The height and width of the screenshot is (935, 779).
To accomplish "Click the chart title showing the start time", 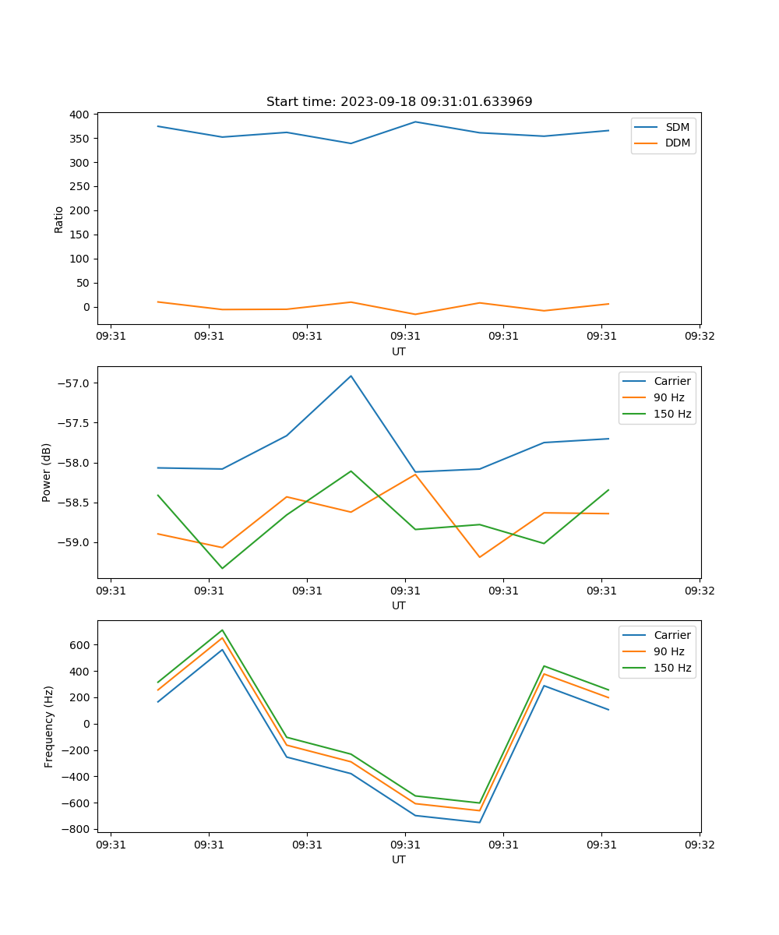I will click(x=399, y=102).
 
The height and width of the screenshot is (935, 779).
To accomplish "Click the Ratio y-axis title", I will click(x=59, y=219).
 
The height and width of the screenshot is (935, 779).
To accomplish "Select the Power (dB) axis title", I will click(x=48, y=472).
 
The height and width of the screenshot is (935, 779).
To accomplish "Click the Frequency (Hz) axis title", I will click(x=49, y=726).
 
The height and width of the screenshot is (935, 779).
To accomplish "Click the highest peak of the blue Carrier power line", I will click(x=351, y=376).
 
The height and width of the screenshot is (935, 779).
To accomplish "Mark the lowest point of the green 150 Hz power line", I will click(x=222, y=568).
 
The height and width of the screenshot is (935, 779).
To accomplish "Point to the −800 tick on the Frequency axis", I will click(x=77, y=829).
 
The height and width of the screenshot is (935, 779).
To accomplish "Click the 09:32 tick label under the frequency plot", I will click(x=699, y=845).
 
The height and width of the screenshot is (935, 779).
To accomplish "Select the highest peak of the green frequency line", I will click(x=222, y=630).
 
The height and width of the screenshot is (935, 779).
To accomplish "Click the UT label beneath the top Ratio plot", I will click(x=399, y=351).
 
